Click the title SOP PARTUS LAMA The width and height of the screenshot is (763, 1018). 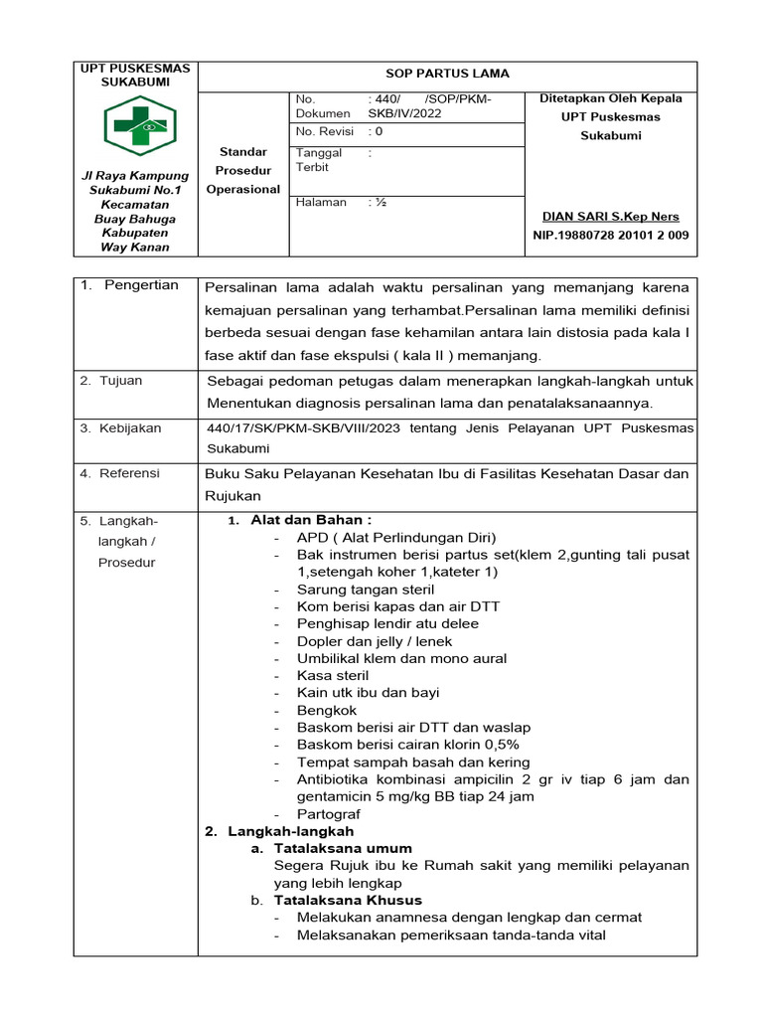coord(447,74)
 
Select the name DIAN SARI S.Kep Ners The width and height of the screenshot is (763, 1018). coord(610,216)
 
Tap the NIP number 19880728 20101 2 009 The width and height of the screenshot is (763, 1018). coord(610,236)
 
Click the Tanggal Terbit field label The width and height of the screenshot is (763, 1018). coord(319,160)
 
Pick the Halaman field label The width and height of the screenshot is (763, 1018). coord(321,202)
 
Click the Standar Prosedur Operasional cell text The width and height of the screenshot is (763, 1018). coord(243,170)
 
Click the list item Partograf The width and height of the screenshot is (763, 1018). coord(329,813)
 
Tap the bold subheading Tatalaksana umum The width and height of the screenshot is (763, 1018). coord(343,848)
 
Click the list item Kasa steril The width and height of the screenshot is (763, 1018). coord(333,675)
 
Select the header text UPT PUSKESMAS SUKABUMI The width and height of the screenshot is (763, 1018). coord(135,75)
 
